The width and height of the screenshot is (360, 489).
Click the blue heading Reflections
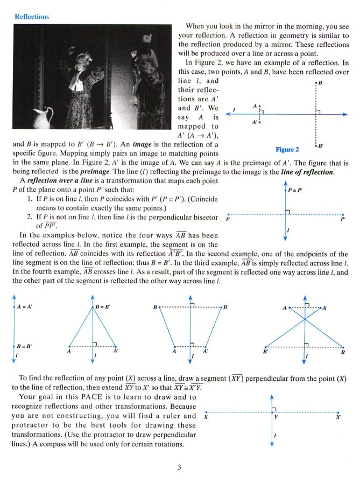point(32,17)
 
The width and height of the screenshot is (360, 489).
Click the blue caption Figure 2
point(287,149)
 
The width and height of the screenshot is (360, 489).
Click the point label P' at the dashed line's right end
point(343,219)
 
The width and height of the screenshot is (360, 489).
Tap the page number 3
point(179,466)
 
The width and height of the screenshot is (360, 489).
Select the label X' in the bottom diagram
point(338,417)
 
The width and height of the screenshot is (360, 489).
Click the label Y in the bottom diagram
point(276,417)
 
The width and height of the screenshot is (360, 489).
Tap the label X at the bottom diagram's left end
point(207,417)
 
